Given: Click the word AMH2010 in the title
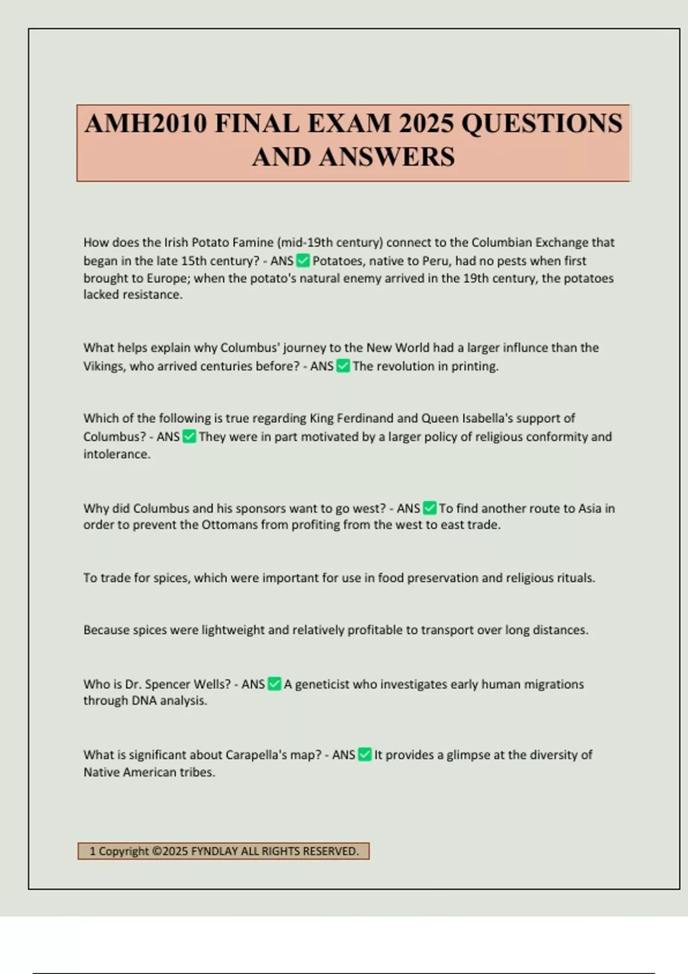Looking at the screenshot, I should [146, 124].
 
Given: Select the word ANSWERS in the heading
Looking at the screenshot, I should [387, 157].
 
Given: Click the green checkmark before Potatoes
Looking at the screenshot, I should [303, 261].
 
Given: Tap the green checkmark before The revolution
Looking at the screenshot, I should [343, 366].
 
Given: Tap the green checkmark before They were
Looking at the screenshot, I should [189, 437].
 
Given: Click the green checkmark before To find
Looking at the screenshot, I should [429, 508].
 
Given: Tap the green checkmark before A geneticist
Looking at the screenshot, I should [275, 684].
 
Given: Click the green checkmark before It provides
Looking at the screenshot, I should [365, 755].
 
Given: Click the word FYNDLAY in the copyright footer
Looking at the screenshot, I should [214, 851].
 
